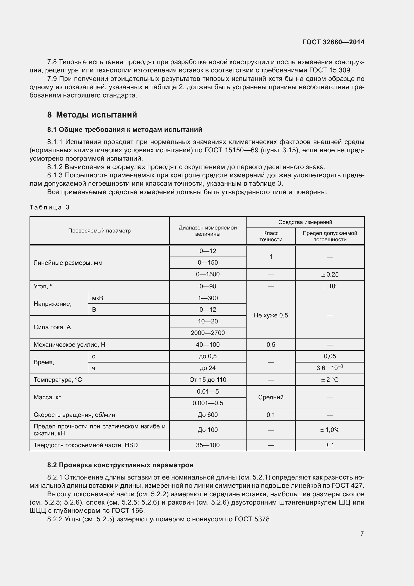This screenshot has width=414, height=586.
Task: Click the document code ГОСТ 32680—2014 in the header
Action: click(x=333, y=42)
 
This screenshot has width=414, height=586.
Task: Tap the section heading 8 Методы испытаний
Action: click(x=92, y=115)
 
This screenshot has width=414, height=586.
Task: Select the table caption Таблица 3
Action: click(x=50, y=207)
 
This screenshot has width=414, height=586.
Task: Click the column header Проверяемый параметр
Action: click(x=99, y=231)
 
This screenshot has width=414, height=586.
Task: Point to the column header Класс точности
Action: click(x=271, y=236)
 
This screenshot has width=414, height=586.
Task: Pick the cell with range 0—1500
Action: click(x=208, y=274)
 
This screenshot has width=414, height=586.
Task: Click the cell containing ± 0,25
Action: click(x=330, y=275)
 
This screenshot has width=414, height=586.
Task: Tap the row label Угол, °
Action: click(x=43, y=286)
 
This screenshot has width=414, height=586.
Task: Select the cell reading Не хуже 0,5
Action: click(x=271, y=315)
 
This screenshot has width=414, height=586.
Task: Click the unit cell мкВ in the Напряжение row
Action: click(x=98, y=298)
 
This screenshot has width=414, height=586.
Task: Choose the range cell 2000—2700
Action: click(x=208, y=333)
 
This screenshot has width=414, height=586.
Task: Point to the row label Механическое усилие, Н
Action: click(x=69, y=345)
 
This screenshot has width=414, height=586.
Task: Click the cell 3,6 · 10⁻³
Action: click(x=330, y=368)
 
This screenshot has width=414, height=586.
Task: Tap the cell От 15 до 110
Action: click(x=208, y=380)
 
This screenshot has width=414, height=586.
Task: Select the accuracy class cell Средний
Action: click(x=271, y=397)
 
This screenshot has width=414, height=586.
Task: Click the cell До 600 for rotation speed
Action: click(x=208, y=415)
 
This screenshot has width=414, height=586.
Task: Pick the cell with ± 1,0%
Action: click(x=330, y=430)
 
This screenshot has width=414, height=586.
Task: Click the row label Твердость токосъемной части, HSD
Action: click(x=86, y=445)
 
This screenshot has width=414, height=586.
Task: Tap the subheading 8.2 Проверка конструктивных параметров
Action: click(x=120, y=465)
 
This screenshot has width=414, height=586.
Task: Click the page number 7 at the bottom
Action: click(x=362, y=534)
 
